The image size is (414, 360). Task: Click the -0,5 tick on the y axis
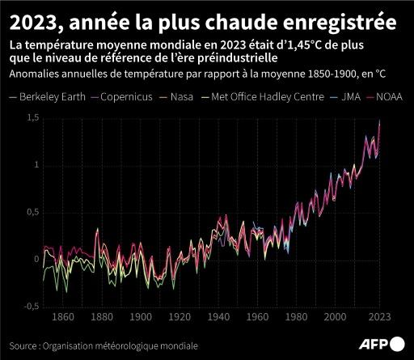[29, 307]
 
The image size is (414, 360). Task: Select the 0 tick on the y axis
[35, 260]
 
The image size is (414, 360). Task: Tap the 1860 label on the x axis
[62, 317]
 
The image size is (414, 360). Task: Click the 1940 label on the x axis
[218, 317]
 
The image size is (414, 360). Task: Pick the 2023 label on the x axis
[379, 317]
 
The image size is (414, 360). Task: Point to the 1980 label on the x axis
[296, 317]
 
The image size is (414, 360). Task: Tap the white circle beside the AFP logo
[398, 345]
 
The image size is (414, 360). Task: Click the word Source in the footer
[23, 344]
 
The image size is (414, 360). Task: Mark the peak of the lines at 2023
[380, 121]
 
